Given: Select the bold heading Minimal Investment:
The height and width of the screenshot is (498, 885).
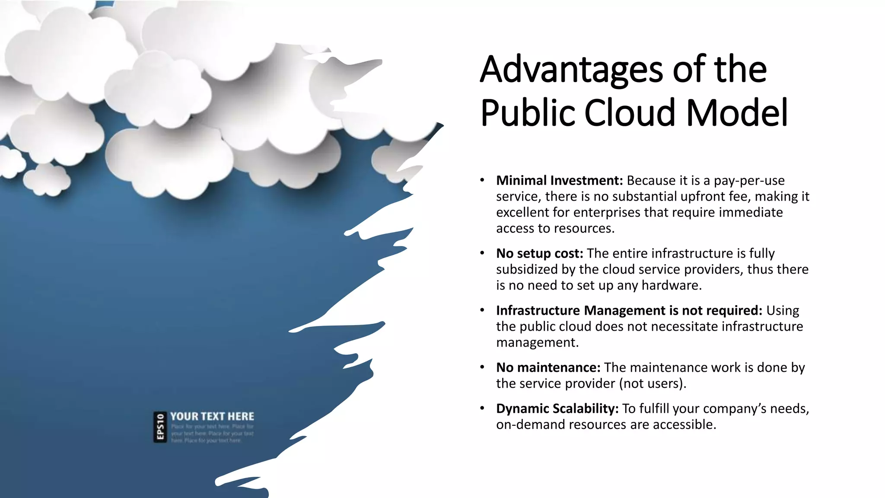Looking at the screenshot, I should [x=559, y=181].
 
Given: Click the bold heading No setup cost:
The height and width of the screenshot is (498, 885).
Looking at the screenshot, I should [x=539, y=253].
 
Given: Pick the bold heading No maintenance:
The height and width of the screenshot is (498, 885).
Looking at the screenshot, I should [x=548, y=367].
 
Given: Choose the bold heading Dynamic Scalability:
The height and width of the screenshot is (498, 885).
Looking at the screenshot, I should [x=557, y=409].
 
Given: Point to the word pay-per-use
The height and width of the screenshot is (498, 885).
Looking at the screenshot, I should [x=749, y=181].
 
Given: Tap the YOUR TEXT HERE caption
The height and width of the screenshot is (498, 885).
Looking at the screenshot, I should [x=212, y=416].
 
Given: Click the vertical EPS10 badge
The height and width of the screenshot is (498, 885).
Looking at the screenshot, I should [x=160, y=427].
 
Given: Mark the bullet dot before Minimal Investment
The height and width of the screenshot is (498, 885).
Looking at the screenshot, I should [x=482, y=180].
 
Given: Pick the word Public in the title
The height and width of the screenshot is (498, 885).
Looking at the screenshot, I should [x=528, y=113].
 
